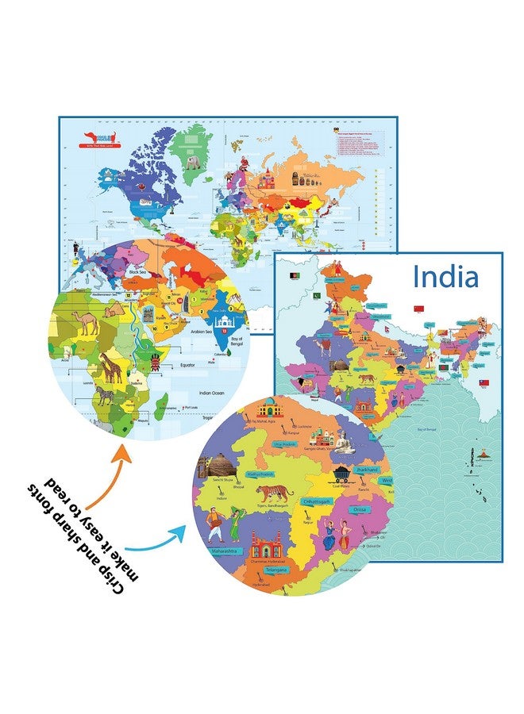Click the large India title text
click(x=445, y=277)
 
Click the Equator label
click(x=189, y=365)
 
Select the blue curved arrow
click(x=156, y=541)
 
